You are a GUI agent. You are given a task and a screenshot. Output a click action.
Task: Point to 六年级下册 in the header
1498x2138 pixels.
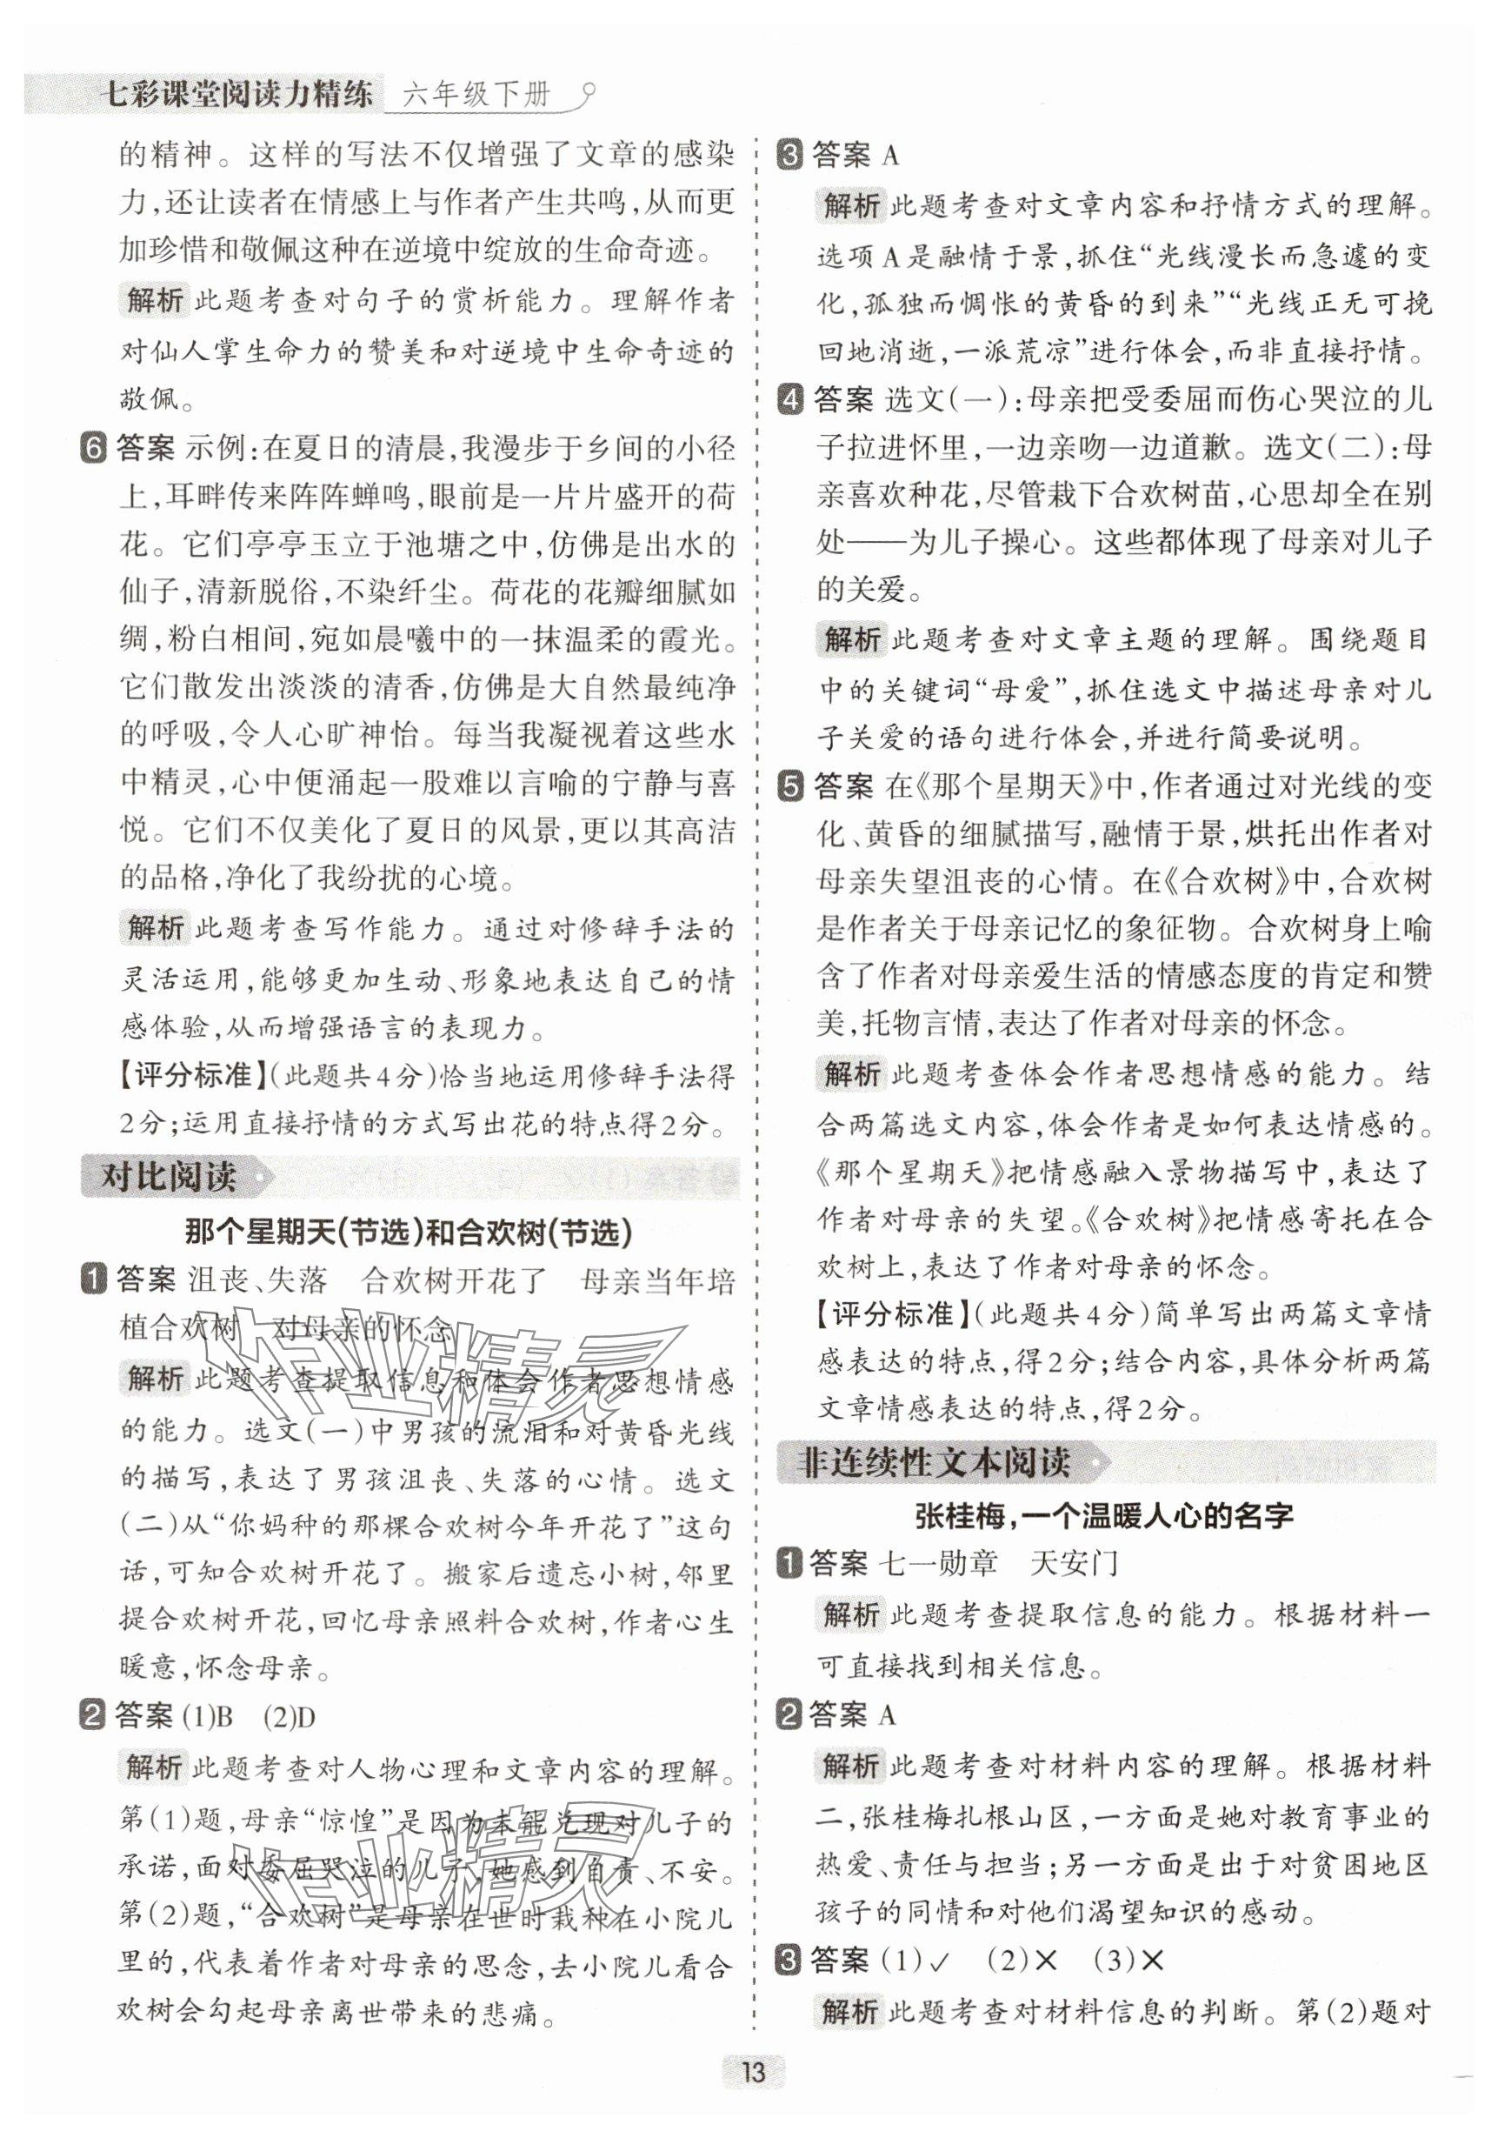477,94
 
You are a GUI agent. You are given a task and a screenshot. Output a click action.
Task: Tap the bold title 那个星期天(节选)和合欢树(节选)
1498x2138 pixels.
409,1233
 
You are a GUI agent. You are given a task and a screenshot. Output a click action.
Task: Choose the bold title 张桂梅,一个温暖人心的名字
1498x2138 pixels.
1104,1516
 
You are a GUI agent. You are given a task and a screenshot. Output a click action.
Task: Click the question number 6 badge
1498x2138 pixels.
95,448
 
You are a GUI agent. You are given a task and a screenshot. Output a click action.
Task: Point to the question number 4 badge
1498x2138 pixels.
789,400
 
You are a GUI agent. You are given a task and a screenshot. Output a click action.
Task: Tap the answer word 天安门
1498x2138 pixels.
1073,1562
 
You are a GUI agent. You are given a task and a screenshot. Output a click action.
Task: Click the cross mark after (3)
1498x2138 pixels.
1152,1961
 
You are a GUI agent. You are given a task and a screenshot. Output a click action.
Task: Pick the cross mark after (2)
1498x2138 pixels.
1046,1961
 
